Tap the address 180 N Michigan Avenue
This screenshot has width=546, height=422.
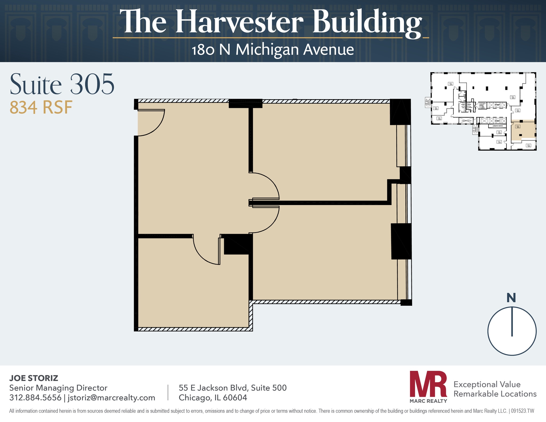tap(272, 50)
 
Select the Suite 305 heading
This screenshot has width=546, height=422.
tap(62, 85)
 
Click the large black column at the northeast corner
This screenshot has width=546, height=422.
tap(400, 112)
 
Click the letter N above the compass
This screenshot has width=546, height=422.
tap(511, 298)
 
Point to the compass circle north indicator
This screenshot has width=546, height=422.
tap(512, 321)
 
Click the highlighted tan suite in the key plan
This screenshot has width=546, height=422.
tap(523, 131)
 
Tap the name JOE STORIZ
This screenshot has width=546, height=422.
tap(34, 378)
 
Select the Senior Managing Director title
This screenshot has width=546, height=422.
tap(58, 388)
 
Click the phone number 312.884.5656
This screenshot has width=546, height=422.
tap(35, 398)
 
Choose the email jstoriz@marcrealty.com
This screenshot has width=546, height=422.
tap(111, 398)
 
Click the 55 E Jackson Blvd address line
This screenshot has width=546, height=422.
tap(232, 388)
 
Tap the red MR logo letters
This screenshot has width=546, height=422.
tap(428, 384)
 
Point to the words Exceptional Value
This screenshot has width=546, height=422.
tap(487, 384)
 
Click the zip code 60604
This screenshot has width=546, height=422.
tap(235, 398)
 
